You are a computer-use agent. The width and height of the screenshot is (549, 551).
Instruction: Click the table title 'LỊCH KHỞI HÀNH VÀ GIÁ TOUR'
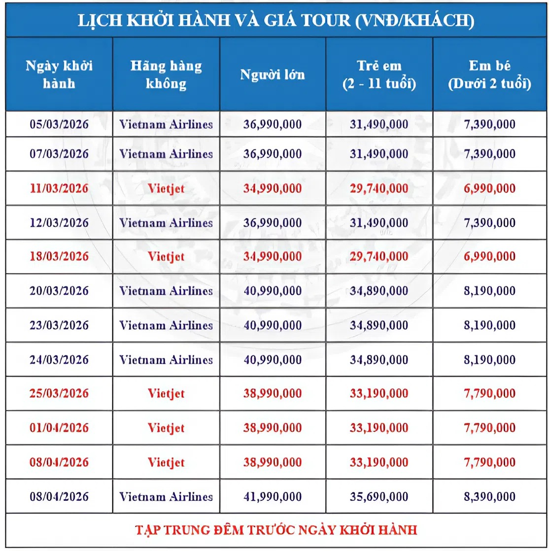[x=275, y=21]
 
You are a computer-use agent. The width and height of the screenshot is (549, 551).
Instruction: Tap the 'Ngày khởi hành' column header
[x=59, y=74]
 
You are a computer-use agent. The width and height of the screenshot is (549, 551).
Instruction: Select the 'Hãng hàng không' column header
[x=166, y=74]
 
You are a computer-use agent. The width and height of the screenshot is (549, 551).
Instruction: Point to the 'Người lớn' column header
[x=273, y=75]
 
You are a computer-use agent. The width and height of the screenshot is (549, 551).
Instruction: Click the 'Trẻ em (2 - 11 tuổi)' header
[x=379, y=75]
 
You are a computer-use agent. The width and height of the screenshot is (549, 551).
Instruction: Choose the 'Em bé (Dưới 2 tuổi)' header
[x=489, y=75]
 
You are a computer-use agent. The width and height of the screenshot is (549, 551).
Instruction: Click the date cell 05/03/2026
[x=59, y=124]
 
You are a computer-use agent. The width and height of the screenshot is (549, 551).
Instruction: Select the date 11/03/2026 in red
[x=59, y=188]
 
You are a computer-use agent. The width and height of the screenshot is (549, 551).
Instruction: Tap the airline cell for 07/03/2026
[x=166, y=154]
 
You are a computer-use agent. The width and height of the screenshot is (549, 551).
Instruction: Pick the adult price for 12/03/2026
[x=273, y=223]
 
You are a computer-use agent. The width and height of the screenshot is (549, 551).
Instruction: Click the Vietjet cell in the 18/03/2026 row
[x=166, y=256]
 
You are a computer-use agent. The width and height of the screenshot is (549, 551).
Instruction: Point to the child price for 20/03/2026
[x=379, y=291]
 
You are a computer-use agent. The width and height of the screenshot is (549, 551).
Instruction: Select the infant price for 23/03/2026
[x=489, y=325]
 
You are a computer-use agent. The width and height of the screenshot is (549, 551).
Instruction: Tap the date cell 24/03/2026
[x=59, y=360]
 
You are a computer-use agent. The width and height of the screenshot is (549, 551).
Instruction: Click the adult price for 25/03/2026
[x=273, y=394]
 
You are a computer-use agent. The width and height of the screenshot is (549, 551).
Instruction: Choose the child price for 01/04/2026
[x=379, y=428]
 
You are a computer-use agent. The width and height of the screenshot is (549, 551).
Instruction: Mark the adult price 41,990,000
[x=273, y=496]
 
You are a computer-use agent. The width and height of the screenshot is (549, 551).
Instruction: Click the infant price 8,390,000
[x=489, y=496]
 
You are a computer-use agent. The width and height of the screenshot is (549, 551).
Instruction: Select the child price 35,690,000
[x=379, y=496]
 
